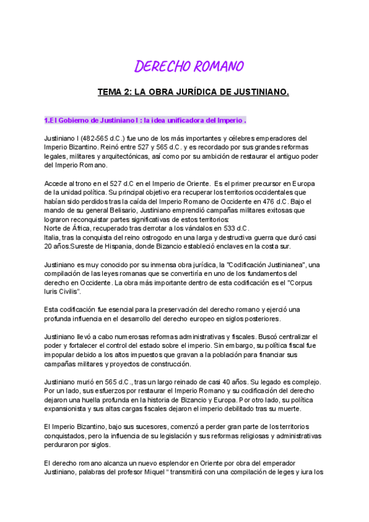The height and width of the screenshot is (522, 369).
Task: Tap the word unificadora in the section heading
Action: (184, 119)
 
